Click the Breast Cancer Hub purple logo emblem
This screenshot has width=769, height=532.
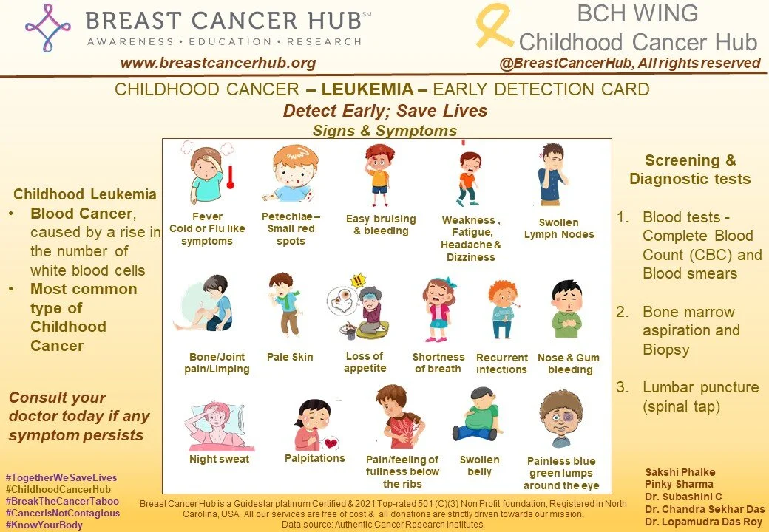click(x=48, y=27)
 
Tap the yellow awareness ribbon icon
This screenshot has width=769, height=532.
click(x=493, y=26)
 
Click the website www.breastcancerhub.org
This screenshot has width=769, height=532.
click(x=218, y=63)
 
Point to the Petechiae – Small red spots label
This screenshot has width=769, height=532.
click(x=291, y=229)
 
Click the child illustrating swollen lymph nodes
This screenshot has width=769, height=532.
click(x=553, y=175)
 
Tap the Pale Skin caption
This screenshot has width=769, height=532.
click(x=290, y=357)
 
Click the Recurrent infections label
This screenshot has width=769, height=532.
click(x=501, y=364)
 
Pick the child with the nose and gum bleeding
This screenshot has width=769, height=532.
click(x=567, y=309)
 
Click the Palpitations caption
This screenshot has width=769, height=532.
click(x=315, y=458)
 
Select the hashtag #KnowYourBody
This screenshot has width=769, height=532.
click(x=44, y=525)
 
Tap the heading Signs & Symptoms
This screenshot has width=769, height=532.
click(x=384, y=131)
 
